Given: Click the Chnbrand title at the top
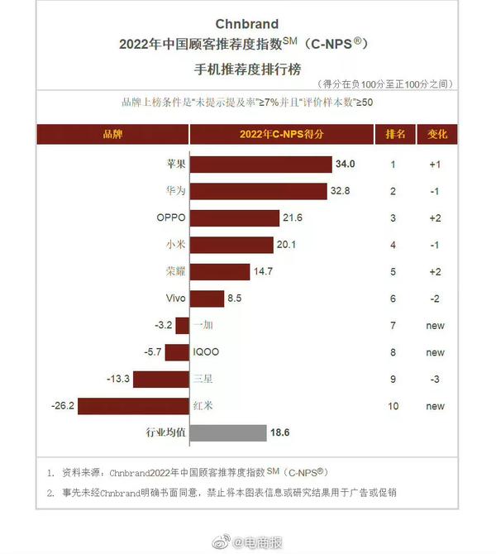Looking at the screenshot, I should point(247,24).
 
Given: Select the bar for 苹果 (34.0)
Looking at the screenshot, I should point(260,165).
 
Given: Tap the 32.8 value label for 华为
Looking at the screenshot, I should point(341,191).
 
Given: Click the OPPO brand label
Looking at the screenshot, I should point(171,218).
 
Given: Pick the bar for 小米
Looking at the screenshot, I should point(231,245).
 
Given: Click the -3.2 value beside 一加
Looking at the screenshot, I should point(162,325).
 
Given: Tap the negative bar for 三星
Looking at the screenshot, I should point(160,379).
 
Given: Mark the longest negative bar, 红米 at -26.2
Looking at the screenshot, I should point(133,406).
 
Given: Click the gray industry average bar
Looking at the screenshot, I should point(228,432).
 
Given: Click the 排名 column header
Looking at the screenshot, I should point(395,134).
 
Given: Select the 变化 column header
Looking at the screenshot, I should point(436,134).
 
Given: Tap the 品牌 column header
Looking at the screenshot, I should point(112,134).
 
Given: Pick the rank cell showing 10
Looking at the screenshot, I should point(393,406).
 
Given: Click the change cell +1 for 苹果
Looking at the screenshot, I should point(436,165).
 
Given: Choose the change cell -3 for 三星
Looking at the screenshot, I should point(436,379).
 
